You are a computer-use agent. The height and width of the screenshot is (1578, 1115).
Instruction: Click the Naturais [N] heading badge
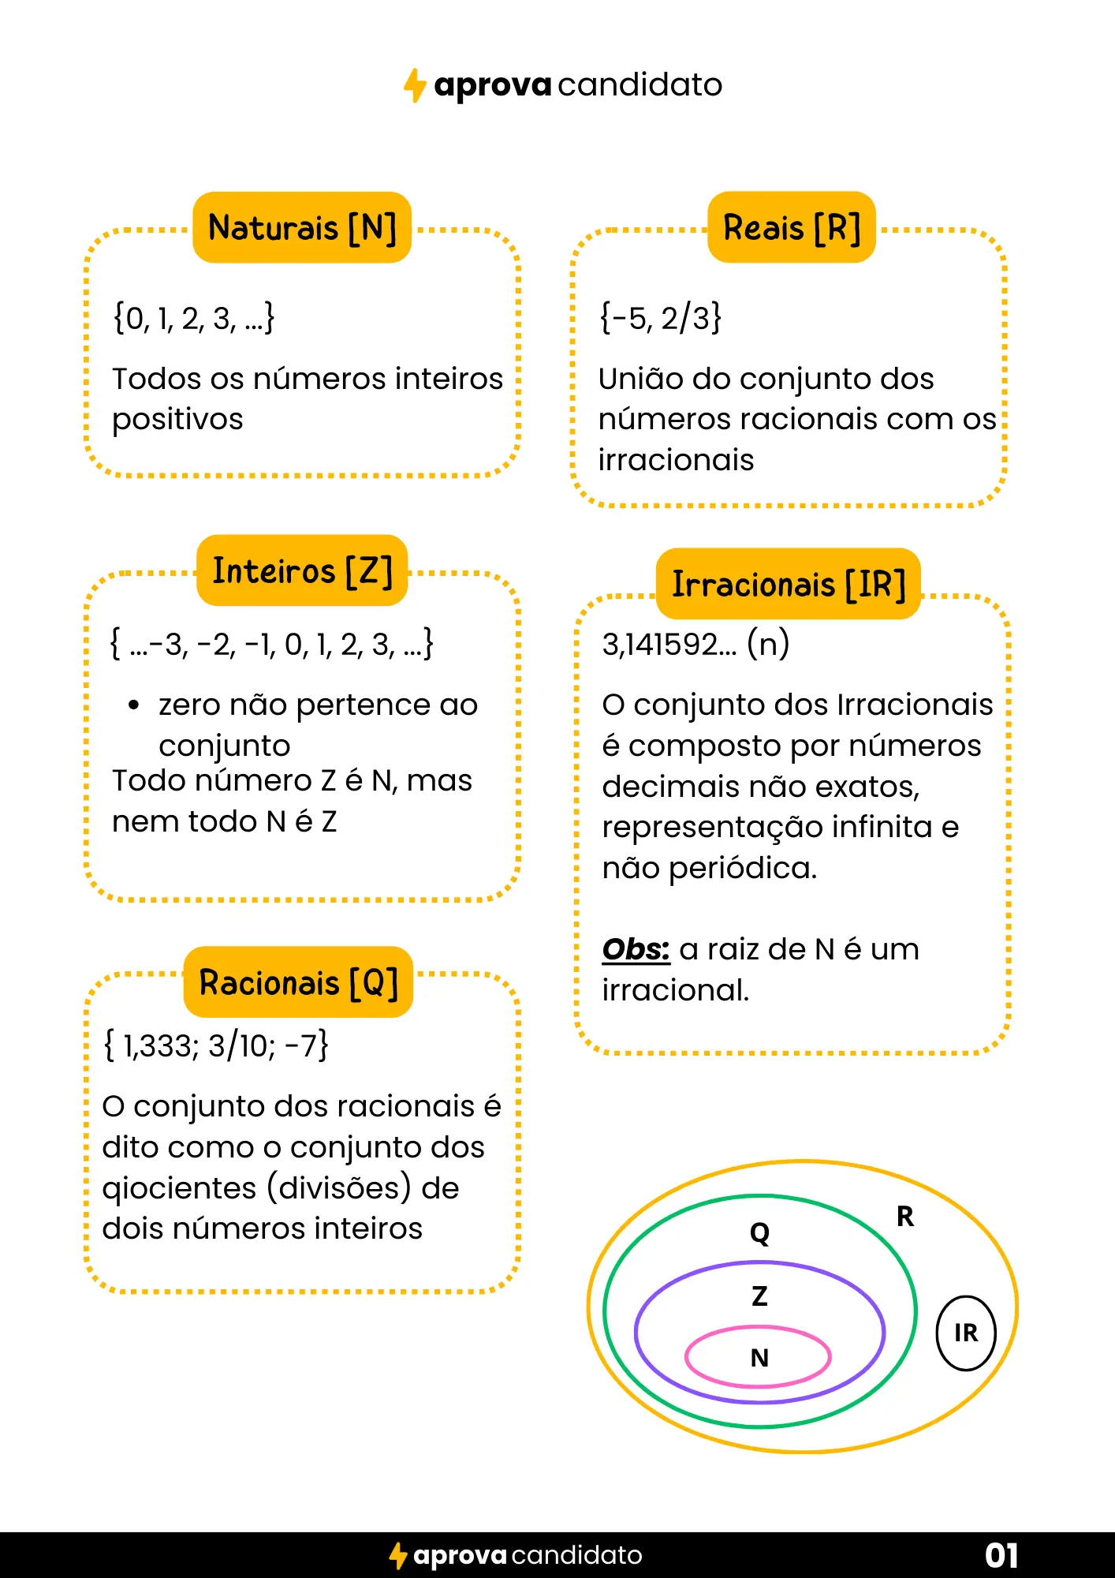click(302, 227)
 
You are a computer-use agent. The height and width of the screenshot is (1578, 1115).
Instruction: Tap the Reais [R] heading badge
click(792, 227)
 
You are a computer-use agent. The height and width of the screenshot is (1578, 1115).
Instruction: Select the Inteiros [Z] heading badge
click(302, 570)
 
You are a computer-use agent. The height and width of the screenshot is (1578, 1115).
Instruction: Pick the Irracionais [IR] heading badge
click(789, 584)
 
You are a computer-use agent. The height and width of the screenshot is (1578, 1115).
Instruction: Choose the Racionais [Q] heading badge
click(298, 982)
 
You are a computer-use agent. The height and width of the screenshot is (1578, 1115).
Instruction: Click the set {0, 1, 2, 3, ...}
click(194, 318)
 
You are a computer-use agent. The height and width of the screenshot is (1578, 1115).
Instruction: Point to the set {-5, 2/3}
click(660, 318)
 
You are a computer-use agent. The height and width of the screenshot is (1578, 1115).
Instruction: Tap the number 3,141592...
click(669, 645)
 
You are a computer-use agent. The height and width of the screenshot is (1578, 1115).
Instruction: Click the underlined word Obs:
click(636, 949)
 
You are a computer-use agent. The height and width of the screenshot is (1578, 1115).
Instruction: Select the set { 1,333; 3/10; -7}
click(216, 1045)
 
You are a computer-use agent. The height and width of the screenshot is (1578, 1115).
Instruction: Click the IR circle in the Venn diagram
click(966, 1333)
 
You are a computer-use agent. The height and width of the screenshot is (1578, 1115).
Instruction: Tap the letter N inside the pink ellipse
click(759, 1358)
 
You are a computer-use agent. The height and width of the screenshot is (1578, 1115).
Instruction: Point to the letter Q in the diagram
click(759, 1232)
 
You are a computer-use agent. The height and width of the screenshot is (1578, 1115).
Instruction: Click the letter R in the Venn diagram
click(905, 1217)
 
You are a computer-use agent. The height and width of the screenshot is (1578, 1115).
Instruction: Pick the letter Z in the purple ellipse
click(759, 1296)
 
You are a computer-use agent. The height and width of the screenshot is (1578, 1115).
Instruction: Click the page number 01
click(1001, 1555)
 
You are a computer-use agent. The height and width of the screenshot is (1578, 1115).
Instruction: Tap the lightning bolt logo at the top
click(415, 85)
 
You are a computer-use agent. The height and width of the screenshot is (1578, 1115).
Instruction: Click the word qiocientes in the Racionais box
click(180, 1188)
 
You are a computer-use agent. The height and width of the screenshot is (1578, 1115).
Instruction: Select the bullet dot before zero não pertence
click(134, 705)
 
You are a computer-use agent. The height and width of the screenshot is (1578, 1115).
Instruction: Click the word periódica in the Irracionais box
click(743, 869)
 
